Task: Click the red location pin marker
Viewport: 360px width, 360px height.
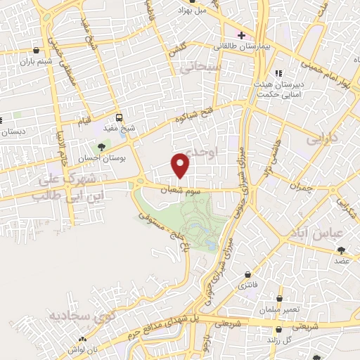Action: tap(181, 165)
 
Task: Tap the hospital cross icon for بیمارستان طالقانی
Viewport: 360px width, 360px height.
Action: tap(241, 34)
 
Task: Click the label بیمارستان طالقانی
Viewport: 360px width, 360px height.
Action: tap(245, 46)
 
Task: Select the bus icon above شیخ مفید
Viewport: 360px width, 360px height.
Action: tap(119, 117)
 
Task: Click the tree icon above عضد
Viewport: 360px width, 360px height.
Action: tap(342, 250)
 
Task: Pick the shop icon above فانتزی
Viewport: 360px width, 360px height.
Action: tap(247, 274)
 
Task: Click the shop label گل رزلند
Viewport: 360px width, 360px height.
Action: tap(279, 339)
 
